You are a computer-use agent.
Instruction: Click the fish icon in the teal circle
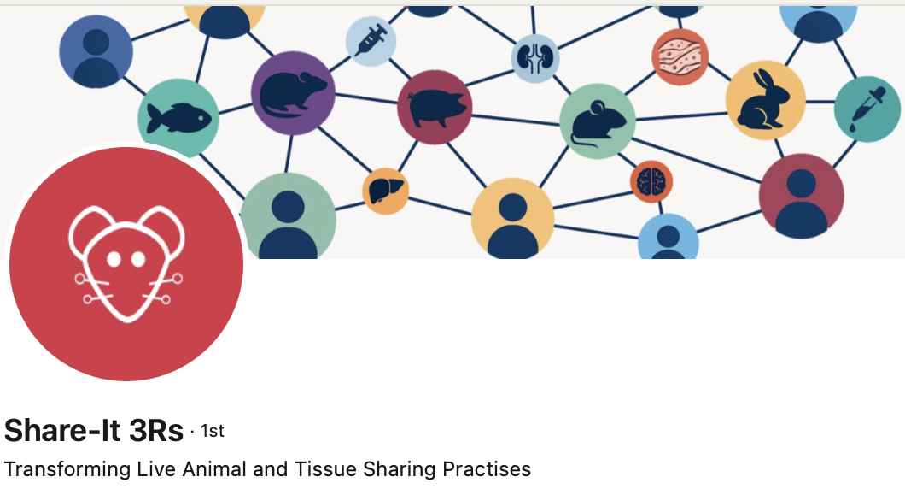click(x=178, y=118)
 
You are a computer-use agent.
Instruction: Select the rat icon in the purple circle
click(x=292, y=93)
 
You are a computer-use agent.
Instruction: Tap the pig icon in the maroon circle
click(x=435, y=107)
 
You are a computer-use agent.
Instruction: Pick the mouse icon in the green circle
click(x=598, y=121)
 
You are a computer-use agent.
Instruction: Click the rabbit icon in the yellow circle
click(x=765, y=101)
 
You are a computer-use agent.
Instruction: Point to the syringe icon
click(x=371, y=40)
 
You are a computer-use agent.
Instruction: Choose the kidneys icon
click(x=535, y=58)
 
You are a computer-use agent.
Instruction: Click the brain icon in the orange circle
click(x=651, y=181)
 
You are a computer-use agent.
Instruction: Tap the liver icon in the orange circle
click(x=385, y=191)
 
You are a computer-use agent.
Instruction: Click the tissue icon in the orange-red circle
click(x=680, y=57)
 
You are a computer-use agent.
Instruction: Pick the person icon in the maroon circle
click(x=801, y=196)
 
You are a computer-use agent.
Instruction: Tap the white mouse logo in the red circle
click(x=126, y=263)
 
